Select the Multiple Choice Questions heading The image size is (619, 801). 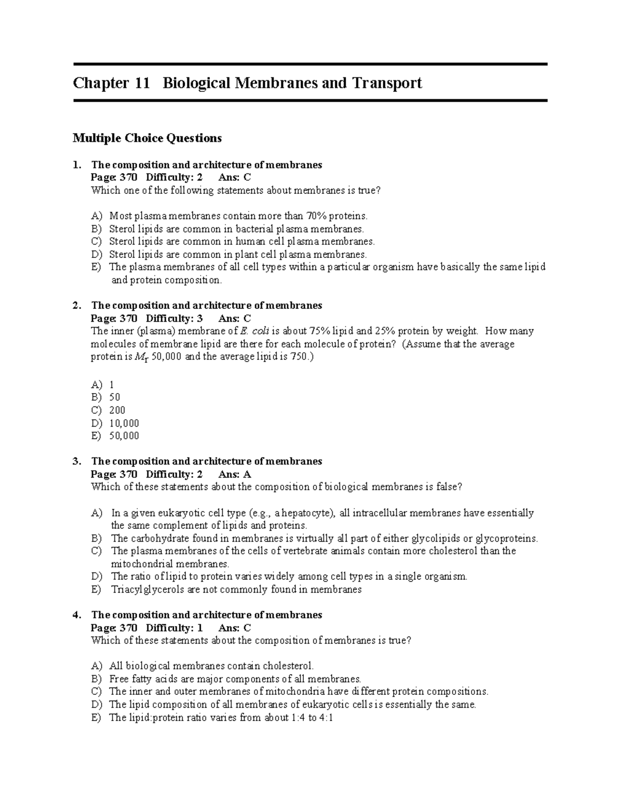tap(147, 138)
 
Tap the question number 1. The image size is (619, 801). tap(76, 165)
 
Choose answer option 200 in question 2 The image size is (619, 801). tap(117, 411)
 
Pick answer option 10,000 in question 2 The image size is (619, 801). tap(124, 423)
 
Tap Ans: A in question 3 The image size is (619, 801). tap(235, 475)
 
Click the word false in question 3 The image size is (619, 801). tap(447, 487)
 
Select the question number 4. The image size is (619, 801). tap(76, 615)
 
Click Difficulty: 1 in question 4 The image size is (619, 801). tap(174, 628)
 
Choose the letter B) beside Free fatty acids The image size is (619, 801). tap(96, 679)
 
